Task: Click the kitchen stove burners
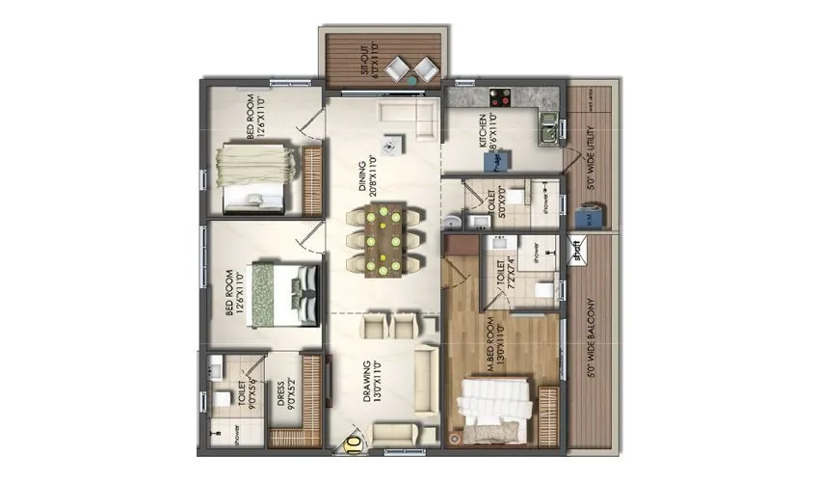pos(501,96)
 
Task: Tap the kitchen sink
pos(547,126)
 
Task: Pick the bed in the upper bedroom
pos(252,176)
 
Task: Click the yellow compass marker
pos(355,444)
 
